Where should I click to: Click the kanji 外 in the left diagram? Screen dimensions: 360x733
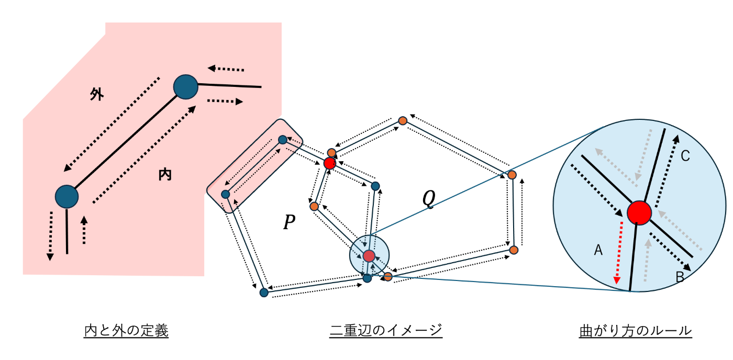[x=97, y=95]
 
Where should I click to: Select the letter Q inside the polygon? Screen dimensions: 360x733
[x=429, y=199]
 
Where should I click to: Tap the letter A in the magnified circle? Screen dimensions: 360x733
[x=598, y=251]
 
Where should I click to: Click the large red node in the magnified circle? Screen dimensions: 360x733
[x=639, y=212]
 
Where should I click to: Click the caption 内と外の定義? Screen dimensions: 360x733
[x=126, y=331]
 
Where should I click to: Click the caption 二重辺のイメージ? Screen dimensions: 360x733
[x=386, y=331]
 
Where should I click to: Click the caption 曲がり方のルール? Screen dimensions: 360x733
[x=636, y=331]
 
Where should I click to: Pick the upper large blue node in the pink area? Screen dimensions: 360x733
[x=185, y=87]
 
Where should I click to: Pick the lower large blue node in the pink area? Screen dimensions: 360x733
[x=67, y=197]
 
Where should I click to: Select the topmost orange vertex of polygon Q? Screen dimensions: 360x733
[x=403, y=121]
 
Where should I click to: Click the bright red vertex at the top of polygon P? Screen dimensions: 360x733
[x=329, y=163]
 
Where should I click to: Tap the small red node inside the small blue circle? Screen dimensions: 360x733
[x=369, y=256]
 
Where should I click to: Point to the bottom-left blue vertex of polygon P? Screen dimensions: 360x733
[x=264, y=293]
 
